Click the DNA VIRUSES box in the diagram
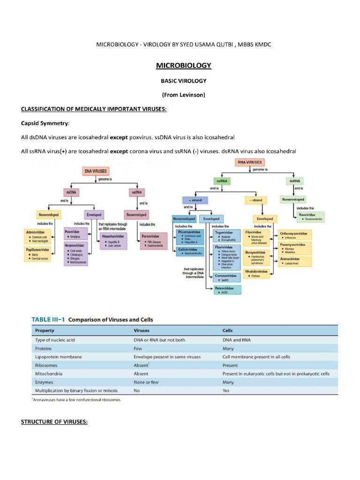click(x=95, y=172)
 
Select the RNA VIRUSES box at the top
click(x=249, y=162)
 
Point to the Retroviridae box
click(x=227, y=290)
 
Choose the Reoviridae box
click(x=311, y=217)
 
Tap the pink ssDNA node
click(x=137, y=192)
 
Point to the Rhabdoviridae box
click(x=257, y=273)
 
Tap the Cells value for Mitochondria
click(x=276, y=374)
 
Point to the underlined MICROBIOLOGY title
click(x=184, y=66)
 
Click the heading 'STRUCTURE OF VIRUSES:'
click(x=54, y=422)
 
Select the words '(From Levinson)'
click(x=184, y=95)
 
